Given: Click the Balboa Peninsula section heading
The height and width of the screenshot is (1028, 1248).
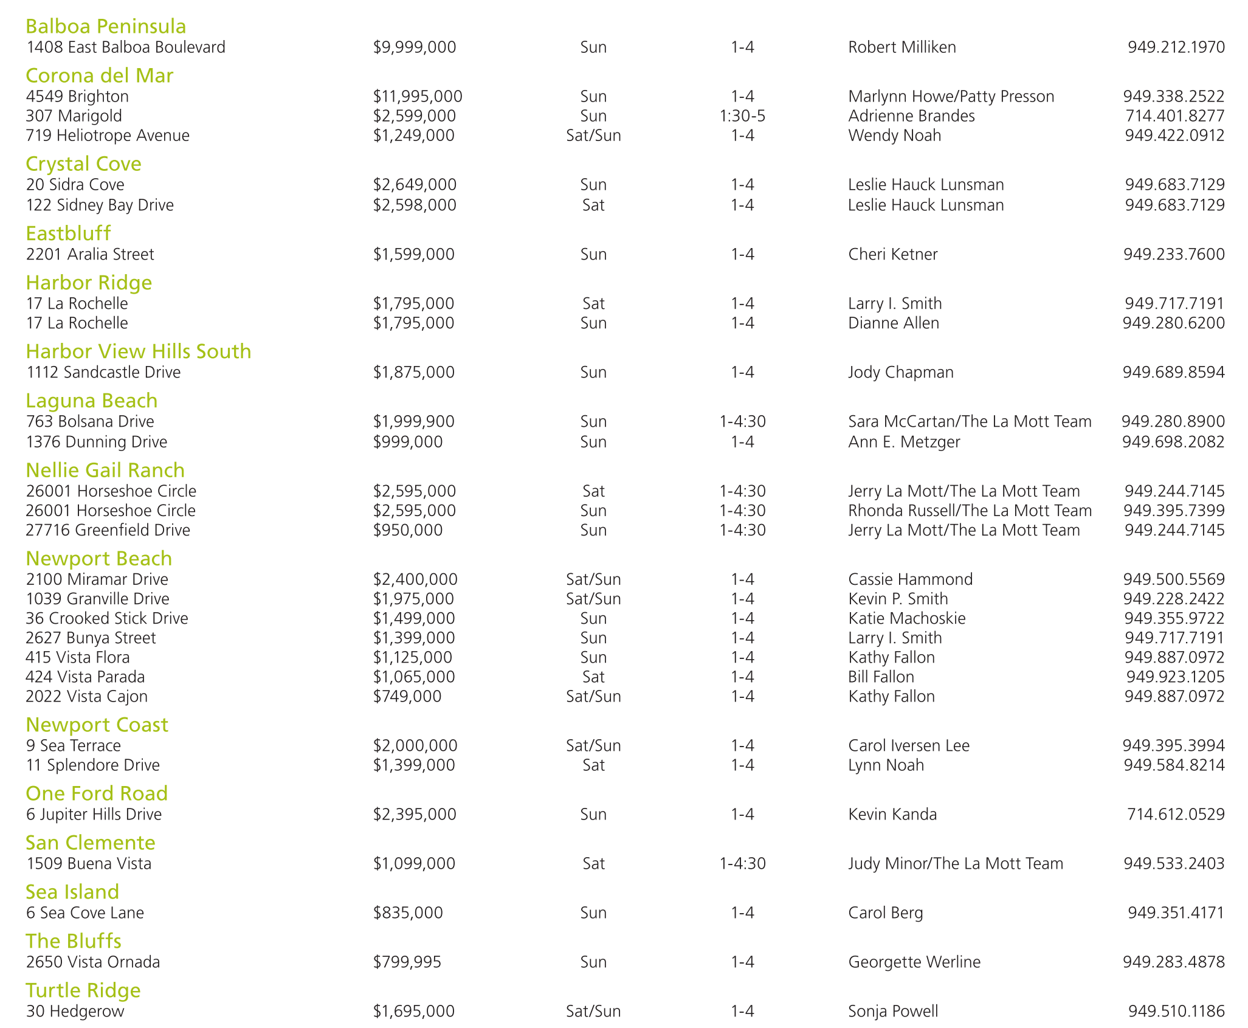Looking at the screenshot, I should (106, 26).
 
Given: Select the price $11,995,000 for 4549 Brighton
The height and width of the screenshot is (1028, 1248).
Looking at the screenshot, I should (418, 96).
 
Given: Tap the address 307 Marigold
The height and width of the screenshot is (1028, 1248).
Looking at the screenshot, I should (74, 116).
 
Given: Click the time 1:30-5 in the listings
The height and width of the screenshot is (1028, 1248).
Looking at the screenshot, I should (742, 116).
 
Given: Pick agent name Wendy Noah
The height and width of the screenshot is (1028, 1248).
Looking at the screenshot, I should (894, 135).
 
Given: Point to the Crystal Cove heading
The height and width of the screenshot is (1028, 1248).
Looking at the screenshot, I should (83, 164).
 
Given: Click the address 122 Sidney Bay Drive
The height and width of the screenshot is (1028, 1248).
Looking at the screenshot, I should (100, 205).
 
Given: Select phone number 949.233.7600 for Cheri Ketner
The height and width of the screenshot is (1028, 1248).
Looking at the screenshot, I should (1173, 254).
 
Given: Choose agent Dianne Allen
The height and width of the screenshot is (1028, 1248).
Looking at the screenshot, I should (893, 323).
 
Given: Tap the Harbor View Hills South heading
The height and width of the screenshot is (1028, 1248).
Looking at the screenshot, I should (138, 351).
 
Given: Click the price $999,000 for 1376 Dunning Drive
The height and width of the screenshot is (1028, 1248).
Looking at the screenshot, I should (408, 441).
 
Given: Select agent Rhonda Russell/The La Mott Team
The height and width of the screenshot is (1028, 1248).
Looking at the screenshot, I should (970, 511).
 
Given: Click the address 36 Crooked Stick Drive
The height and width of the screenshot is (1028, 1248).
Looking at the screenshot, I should (107, 618).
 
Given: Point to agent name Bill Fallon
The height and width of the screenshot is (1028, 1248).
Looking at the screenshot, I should (881, 677).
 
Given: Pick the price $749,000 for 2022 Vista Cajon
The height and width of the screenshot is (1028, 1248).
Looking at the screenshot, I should (407, 696).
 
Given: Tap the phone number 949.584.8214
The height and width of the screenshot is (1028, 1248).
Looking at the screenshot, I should (1173, 765).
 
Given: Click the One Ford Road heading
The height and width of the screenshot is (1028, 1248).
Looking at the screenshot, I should (97, 793).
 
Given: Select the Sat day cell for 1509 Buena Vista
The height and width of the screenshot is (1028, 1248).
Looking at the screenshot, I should (593, 863).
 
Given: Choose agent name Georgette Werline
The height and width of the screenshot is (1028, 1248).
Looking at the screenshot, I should (914, 962).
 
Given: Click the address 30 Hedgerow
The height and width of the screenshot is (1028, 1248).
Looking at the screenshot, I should (75, 1011).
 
